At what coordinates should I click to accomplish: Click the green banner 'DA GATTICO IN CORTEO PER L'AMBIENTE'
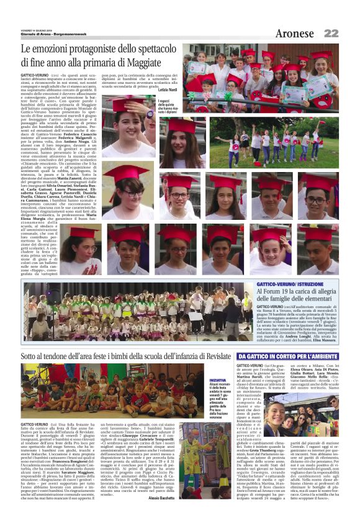[x=296, y=355]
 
